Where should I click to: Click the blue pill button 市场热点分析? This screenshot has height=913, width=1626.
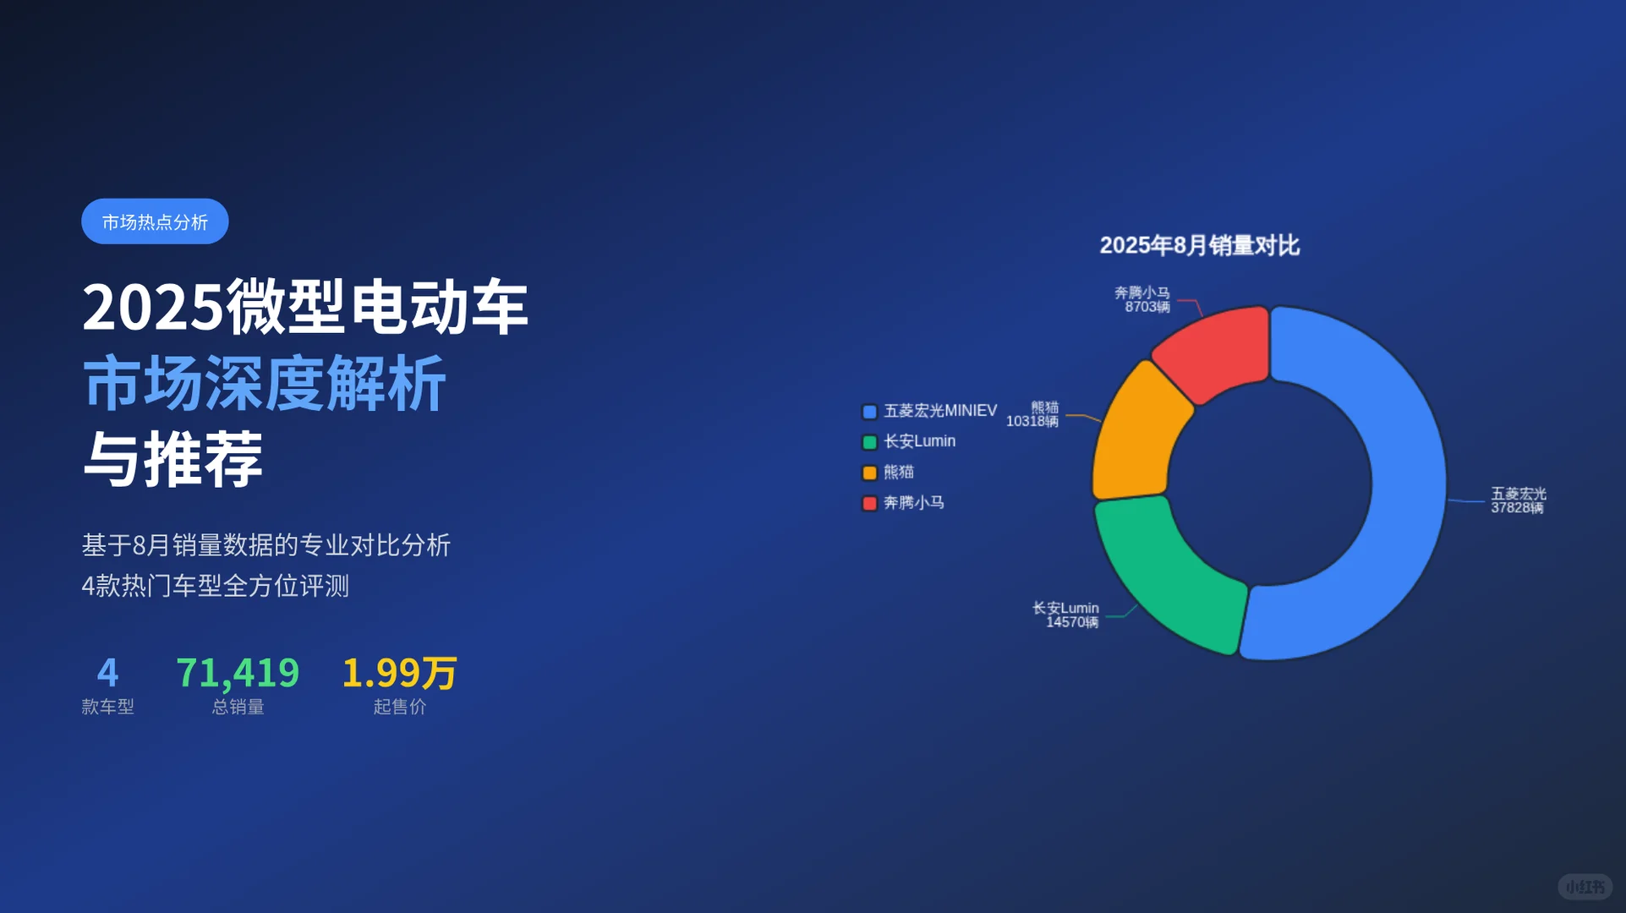155,221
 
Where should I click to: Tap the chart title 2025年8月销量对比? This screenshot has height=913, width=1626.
1199,245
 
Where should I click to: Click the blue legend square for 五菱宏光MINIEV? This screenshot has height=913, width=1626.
869,412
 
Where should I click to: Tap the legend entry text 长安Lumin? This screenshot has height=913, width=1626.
919,441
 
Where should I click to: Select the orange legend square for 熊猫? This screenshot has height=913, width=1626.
869,473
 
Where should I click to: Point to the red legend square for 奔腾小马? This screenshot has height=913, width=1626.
869,503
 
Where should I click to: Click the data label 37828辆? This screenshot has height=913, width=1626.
1516,508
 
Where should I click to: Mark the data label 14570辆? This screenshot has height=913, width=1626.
1071,622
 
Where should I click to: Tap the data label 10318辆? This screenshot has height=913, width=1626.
1032,421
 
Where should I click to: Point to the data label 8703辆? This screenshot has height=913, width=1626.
1147,307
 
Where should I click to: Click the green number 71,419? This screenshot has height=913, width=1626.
238,673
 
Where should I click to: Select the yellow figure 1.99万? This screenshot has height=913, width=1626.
399,673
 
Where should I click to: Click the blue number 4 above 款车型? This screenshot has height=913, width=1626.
107,673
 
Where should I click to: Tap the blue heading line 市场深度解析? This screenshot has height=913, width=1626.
265,384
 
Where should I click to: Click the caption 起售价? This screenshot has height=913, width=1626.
399,707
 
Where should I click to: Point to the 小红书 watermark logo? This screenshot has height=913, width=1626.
1585,887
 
